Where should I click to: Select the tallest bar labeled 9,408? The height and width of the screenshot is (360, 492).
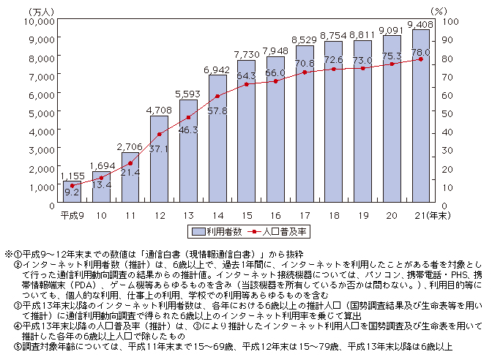tap(421, 117)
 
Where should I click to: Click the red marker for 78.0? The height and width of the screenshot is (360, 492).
tap(421, 59)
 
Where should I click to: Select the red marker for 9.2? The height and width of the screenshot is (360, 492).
tap(71, 187)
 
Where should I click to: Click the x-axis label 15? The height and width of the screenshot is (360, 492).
tap(247, 217)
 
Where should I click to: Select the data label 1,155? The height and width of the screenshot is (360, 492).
tap(72, 176)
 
